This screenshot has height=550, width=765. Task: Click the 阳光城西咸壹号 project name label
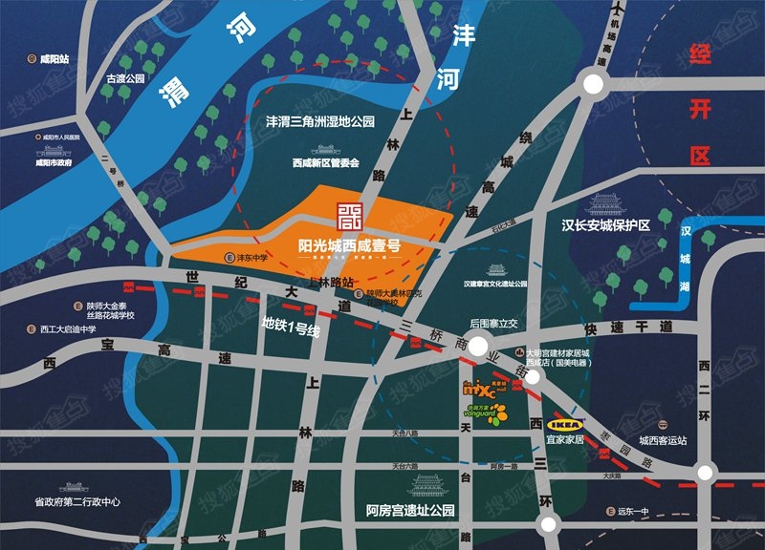[x=336, y=244]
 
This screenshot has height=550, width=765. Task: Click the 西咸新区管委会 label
[x=325, y=163]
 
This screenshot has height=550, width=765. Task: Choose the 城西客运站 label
[x=664, y=440]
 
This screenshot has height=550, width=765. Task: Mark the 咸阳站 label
[x=53, y=59]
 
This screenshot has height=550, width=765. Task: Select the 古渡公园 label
[x=124, y=79]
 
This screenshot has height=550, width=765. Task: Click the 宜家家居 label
[x=564, y=440]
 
